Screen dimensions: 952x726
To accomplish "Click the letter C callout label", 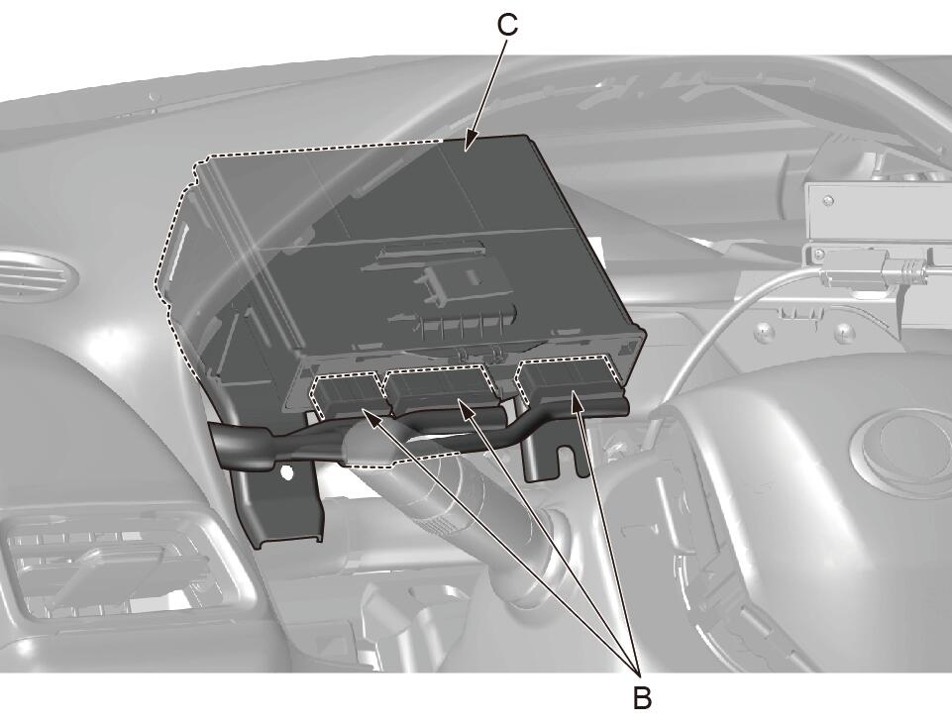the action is [507, 26].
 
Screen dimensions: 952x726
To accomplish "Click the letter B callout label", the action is [642, 697].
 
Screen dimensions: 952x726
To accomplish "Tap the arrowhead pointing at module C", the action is [469, 142].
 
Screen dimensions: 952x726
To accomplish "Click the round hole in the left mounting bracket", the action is [285, 471].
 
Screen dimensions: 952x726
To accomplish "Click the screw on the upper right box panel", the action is [829, 201].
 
